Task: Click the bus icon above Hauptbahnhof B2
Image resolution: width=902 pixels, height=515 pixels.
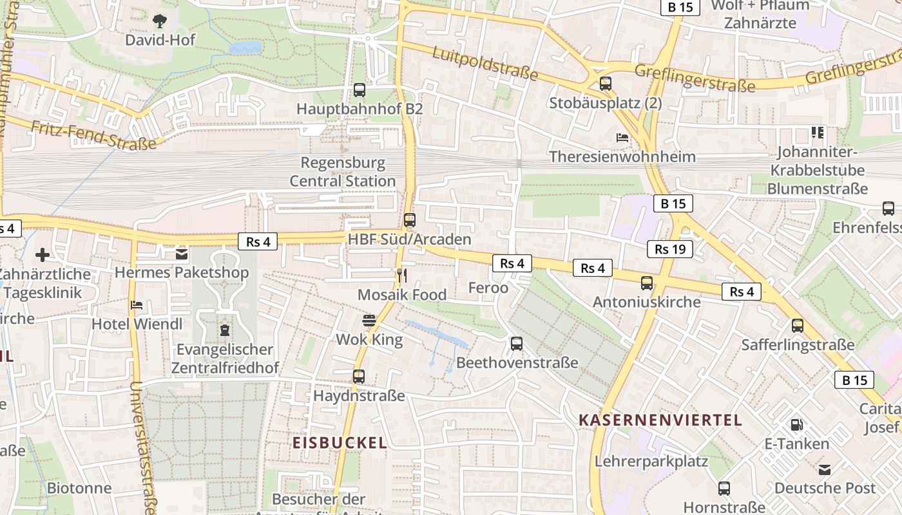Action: pyautogui.click(x=360, y=90)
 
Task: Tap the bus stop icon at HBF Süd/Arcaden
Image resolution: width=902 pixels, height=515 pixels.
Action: pyautogui.click(x=410, y=220)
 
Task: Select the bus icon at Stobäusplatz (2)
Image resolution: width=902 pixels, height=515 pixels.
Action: pyautogui.click(x=605, y=84)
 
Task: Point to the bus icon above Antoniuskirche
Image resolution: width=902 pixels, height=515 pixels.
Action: pyautogui.click(x=646, y=283)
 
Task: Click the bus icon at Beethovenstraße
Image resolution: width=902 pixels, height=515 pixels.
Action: pyautogui.click(x=517, y=344)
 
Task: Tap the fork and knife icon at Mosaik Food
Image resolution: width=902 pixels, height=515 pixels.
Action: pyautogui.click(x=402, y=276)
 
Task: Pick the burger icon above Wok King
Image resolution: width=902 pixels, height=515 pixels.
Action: pyautogui.click(x=369, y=321)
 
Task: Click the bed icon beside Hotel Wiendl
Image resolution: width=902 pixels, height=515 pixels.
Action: pyautogui.click(x=137, y=305)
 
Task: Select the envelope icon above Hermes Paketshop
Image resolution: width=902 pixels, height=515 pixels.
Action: pyautogui.click(x=181, y=254)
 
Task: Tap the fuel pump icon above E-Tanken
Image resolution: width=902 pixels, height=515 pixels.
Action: pyautogui.click(x=796, y=425)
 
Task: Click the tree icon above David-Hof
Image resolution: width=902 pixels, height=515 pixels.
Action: pyautogui.click(x=159, y=21)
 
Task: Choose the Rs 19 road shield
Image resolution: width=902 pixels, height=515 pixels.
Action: pyautogui.click(x=670, y=249)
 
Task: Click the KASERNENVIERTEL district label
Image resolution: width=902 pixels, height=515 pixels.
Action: pyautogui.click(x=660, y=420)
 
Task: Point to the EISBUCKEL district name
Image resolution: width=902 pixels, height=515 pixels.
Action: pyautogui.click(x=340, y=443)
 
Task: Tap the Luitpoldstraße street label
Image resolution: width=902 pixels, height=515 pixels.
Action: pyautogui.click(x=485, y=64)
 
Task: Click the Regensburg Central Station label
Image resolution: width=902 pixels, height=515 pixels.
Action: pyautogui.click(x=342, y=172)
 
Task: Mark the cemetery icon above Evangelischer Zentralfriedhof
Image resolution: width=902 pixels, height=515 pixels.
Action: pyautogui.click(x=224, y=331)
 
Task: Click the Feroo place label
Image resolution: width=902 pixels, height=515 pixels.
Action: pyautogui.click(x=488, y=288)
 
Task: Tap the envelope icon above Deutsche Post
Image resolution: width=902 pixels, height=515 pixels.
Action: pyautogui.click(x=825, y=469)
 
